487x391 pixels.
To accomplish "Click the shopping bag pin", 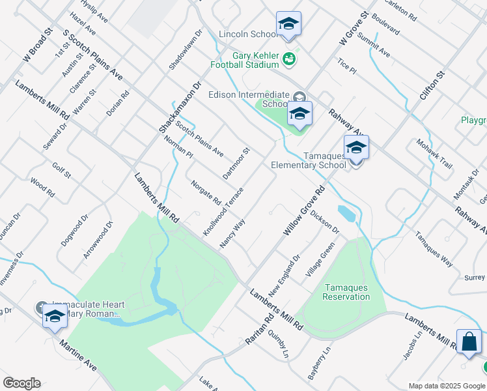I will [469, 342].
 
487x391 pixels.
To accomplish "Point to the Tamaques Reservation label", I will [346, 292].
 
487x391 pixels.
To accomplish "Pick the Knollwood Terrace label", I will [223, 212].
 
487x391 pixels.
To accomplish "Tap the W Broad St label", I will [38, 46].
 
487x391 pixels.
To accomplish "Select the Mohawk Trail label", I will [434, 154].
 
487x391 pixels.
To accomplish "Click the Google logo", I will [21, 383].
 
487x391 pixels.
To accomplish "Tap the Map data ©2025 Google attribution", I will [446, 386].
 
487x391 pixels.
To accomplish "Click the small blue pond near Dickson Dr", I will [346, 213].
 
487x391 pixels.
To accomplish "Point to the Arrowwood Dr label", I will [98, 240].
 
